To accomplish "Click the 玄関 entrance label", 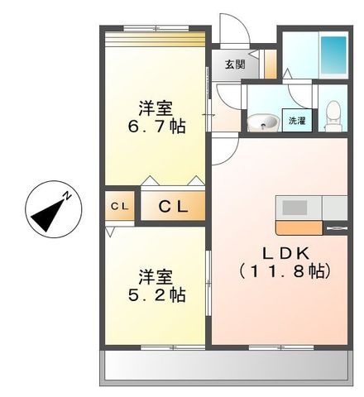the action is point(235,65).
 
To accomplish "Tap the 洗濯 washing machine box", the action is point(297,120).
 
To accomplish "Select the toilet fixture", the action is point(333,116).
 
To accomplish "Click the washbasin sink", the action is point(262,122).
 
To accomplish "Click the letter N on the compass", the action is point(67,196).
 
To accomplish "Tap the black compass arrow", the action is point(48,214).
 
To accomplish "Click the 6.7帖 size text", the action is point(156,127).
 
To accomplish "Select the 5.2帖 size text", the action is point(156,294).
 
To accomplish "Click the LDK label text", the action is point(285,253).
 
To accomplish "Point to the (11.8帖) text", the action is point(285,271).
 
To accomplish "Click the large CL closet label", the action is point(173,206).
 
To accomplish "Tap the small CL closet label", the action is point(120,207).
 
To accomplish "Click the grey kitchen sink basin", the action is point(295,208).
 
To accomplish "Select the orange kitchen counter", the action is point(299,227).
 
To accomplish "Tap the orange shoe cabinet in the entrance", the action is point(271,64).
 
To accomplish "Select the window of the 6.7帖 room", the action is point(156,27).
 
